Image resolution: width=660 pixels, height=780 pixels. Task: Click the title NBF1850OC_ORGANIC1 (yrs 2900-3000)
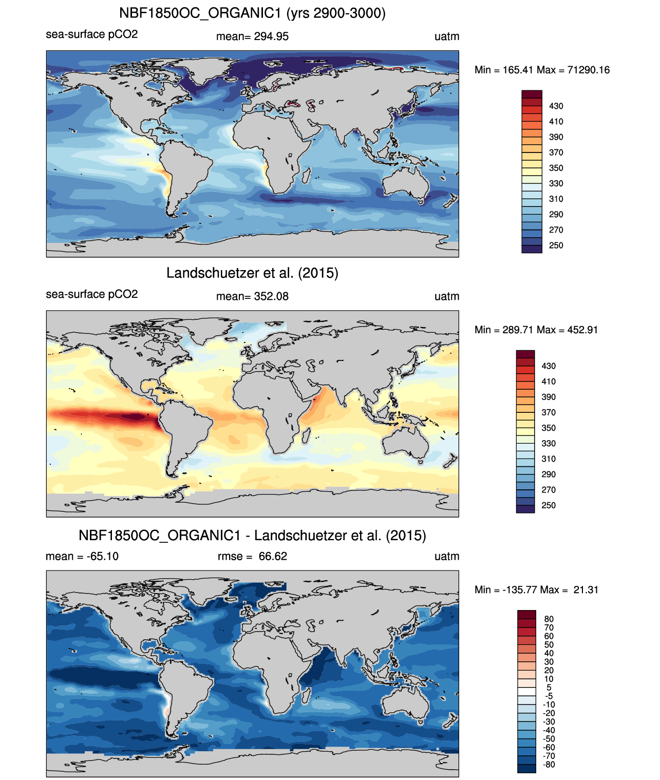pos(252,13)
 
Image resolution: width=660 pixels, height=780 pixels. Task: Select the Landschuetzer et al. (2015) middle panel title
pos(252,273)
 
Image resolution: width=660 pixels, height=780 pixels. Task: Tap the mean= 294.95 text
pos(252,36)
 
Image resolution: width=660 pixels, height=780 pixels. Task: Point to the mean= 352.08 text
pos(252,296)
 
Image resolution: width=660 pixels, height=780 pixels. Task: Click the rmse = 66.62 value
pos(252,556)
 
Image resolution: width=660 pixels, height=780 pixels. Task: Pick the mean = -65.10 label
pos(82,556)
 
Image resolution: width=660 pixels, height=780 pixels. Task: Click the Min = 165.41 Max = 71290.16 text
pos(542,70)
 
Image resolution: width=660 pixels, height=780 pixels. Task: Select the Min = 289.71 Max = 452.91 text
pos(536,330)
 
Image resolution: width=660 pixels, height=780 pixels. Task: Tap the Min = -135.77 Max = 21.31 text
pos(536,589)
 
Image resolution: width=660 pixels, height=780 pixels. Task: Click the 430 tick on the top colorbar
pos(556,106)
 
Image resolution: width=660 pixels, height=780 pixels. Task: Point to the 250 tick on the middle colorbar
pos(549,505)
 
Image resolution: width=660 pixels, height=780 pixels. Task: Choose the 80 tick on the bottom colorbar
pos(549,619)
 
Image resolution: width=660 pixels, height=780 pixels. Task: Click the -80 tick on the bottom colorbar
pos(549,765)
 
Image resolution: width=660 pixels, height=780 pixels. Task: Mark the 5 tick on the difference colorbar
pos(549,688)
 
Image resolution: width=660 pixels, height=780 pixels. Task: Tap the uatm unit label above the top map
pos(446,36)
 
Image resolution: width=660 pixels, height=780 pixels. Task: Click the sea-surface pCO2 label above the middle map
pos(92,294)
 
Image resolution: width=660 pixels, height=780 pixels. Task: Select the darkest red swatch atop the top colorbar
pos(532,94)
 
